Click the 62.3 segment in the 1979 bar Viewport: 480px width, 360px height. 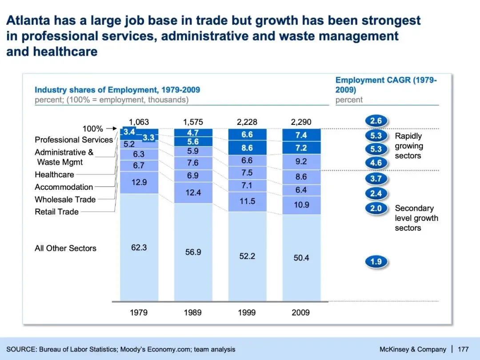coord(139,248)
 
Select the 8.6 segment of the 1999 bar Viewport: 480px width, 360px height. coord(247,148)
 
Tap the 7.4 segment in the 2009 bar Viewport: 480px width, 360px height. coord(301,135)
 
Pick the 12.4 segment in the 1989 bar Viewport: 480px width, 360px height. coord(193,192)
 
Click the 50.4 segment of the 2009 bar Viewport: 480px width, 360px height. coord(301,258)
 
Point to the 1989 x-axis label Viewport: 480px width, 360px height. coord(193,312)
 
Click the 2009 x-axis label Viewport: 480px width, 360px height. coord(301,312)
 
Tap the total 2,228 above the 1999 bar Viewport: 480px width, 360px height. coord(247,122)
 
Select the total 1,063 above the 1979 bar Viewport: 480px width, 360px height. coord(139,122)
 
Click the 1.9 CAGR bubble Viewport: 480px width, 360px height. coord(376,262)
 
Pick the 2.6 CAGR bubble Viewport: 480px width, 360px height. coord(376,121)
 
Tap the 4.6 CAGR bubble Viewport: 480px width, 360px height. coord(376,163)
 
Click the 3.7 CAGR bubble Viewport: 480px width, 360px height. coord(376,179)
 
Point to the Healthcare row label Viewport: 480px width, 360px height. coord(55,175)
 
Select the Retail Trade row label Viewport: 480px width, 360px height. coord(57,212)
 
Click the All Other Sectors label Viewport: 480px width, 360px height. coord(66,248)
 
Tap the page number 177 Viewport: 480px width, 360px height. coord(463,349)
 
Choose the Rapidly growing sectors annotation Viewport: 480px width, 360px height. coord(409,146)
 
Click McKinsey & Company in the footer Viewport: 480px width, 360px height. coord(413,349)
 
